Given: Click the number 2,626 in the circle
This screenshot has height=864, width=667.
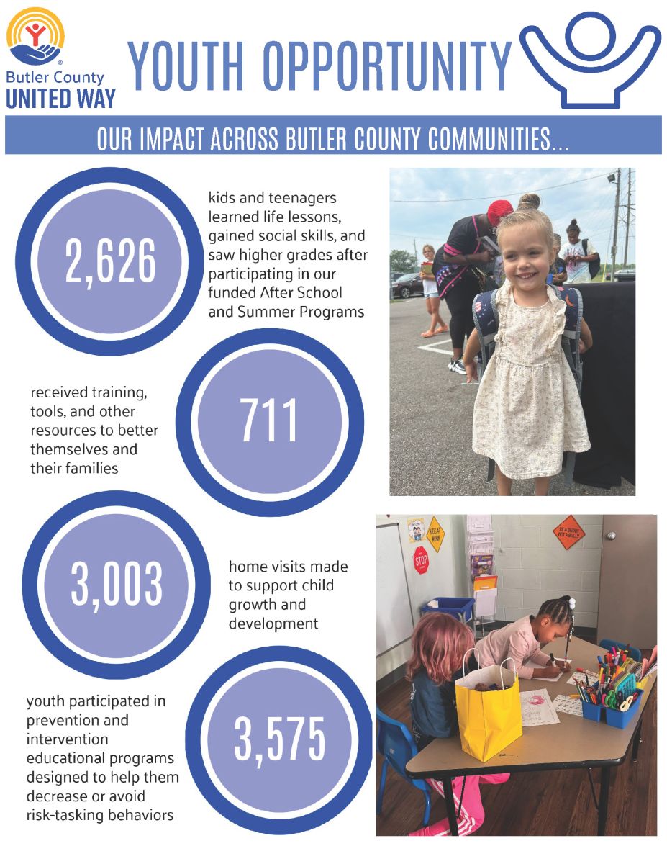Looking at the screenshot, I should [x=111, y=261].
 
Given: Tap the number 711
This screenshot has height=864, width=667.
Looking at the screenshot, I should [x=269, y=421].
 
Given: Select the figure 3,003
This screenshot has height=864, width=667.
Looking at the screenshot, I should [x=117, y=584].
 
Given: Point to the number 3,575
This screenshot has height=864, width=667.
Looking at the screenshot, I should [x=280, y=740].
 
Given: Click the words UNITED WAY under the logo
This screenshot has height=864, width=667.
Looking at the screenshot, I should [x=60, y=97].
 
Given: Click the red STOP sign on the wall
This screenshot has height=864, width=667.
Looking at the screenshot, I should [x=421, y=559].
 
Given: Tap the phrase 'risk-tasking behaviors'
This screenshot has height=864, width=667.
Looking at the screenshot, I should [x=100, y=815].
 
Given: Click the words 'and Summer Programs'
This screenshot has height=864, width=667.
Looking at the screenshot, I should [x=286, y=312].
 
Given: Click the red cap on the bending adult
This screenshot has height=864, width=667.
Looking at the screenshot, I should [x=499, y=212].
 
